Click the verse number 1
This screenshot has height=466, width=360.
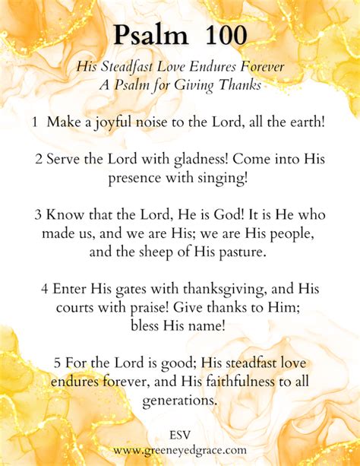36,122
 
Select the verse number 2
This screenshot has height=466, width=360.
37,160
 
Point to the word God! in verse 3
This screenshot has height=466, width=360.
207,215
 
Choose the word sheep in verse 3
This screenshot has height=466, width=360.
156,252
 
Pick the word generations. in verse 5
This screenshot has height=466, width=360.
180,401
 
